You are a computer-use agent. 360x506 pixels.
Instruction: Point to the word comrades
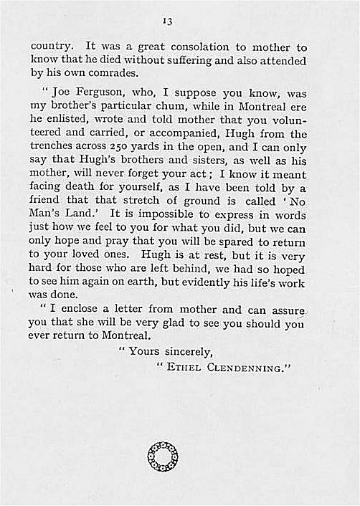click(x=111, y=75)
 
